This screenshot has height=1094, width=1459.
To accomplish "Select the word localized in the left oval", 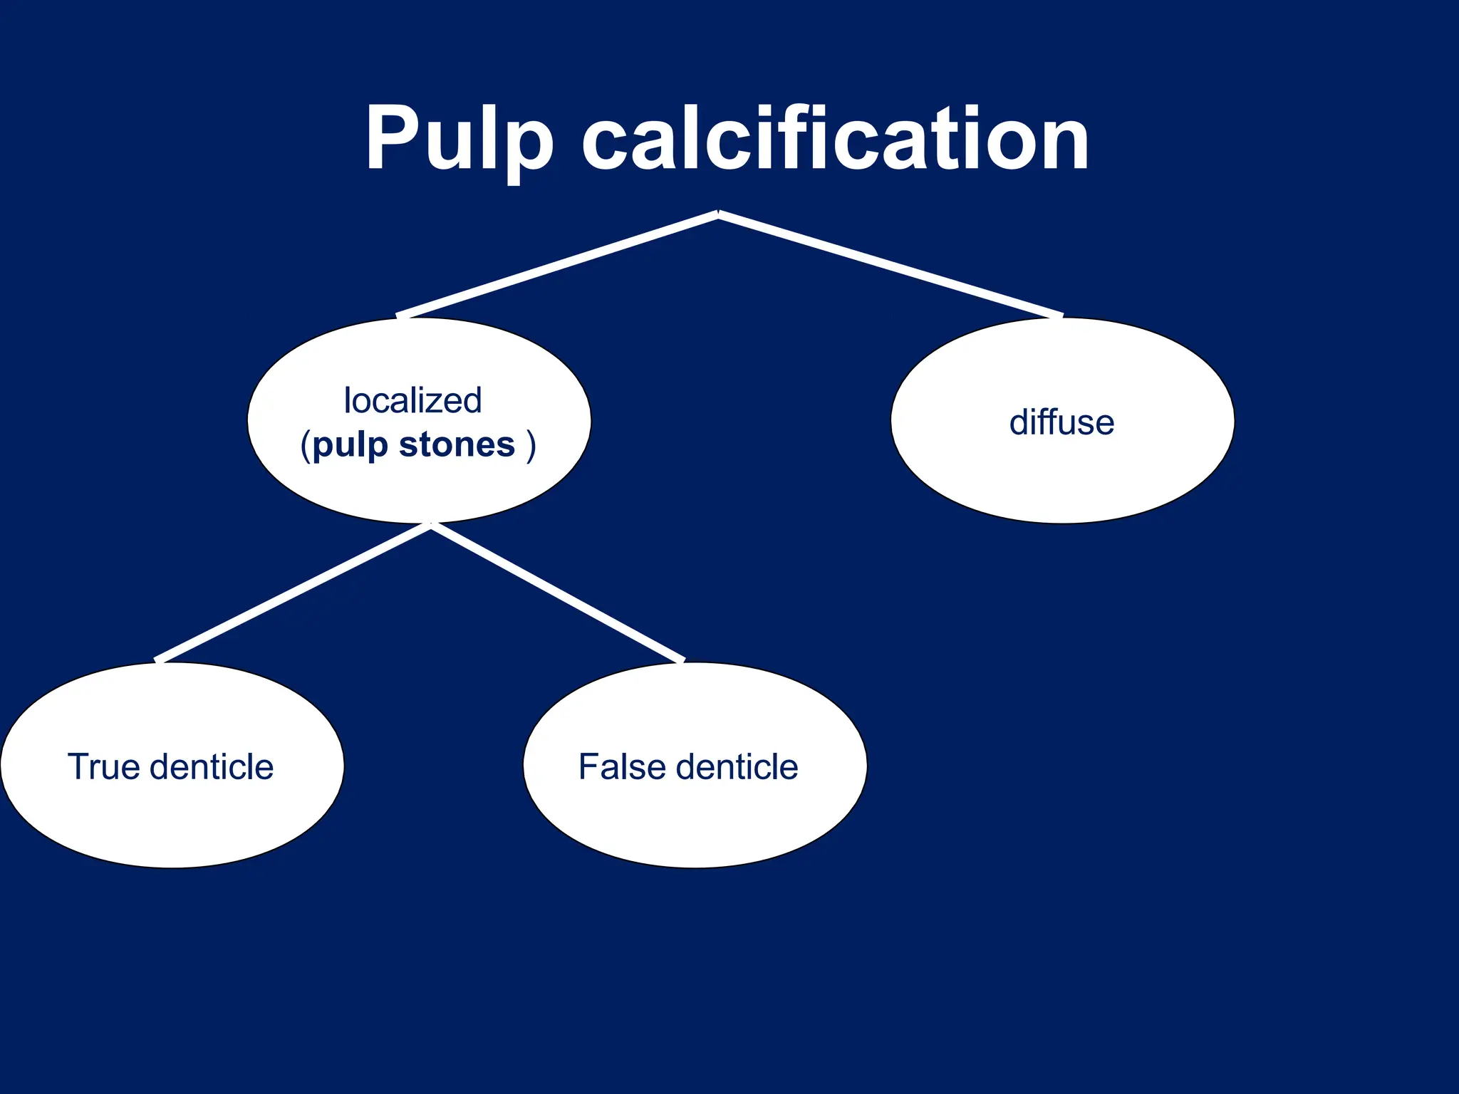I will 412,400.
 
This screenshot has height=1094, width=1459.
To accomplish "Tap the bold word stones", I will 457,445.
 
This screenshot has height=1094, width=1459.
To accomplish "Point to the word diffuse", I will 1061,422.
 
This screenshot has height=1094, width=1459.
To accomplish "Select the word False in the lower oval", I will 621,767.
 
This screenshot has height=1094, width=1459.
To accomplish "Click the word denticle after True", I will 212,767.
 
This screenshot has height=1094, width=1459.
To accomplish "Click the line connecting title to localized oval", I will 556,265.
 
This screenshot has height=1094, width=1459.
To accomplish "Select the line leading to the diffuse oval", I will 891,265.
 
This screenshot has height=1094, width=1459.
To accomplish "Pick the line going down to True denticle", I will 292,593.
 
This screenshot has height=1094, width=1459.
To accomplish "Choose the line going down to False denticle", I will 558,593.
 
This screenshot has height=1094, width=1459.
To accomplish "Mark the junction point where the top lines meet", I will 718,214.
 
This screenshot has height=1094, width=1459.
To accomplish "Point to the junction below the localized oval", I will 431,526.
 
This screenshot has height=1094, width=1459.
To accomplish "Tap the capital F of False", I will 588,767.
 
